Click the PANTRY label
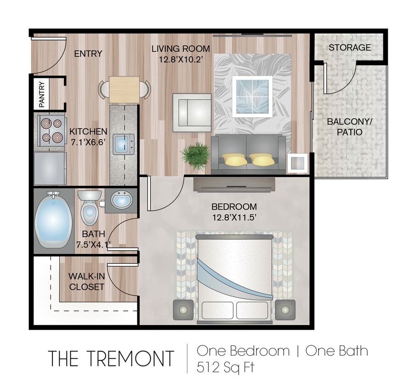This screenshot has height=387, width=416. (x=42, y=94)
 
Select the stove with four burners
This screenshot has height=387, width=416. (x=50, y=130)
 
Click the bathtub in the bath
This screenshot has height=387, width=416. (x=54, y=221)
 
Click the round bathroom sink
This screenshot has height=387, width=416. (x=122, y=200)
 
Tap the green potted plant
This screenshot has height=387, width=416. (x=197, y=155)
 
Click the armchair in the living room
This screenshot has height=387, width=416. (x=192, y=110)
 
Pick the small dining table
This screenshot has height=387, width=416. (x=125, y=89)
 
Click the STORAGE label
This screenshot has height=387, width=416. (x=349, y=47)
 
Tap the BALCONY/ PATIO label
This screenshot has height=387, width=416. (x=344, y=127)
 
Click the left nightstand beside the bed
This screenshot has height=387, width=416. (x=184, y=310)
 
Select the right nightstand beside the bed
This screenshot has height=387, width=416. (x=285, y=310)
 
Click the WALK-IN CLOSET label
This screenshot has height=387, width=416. (x=86, y=282)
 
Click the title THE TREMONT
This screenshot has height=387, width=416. (x=111, y=358)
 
